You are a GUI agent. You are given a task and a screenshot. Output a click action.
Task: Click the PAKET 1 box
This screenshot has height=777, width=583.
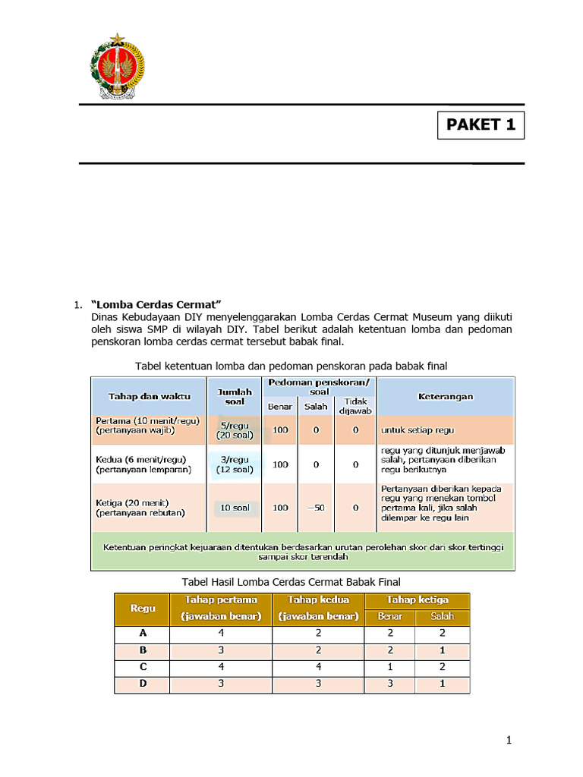(x=481, y=125)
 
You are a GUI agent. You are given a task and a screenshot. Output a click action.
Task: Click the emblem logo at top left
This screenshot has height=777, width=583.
(x=118, y=67)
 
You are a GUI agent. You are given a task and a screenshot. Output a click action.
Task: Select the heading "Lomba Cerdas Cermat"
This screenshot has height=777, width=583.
(x=156, y=304)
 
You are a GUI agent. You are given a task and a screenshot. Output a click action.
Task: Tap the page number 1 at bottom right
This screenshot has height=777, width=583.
(x=509, y=741)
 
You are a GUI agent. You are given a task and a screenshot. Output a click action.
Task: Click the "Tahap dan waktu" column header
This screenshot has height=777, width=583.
(x=150, y=396)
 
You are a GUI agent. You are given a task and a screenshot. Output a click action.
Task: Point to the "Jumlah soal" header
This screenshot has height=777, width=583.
(x=235, y=396)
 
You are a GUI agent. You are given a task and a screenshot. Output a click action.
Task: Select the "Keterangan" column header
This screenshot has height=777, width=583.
(x=446, y=396)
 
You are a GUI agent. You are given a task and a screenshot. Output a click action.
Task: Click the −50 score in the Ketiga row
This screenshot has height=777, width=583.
(x=316, y=507)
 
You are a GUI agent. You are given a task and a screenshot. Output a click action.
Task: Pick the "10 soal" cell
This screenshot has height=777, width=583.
(x=235, y=507)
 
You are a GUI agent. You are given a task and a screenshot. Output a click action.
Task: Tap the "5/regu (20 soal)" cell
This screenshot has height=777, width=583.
(x=235, y=430)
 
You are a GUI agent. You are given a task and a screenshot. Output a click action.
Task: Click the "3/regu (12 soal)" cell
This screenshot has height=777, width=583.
(x=235, y=464)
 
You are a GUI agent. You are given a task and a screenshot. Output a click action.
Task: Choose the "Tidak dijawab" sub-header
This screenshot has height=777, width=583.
(x=355, y=406)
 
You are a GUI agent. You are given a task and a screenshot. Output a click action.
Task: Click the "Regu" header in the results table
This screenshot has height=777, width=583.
(x=142, y=609)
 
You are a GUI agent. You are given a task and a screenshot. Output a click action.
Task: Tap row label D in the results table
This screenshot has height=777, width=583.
(x=142, y=684)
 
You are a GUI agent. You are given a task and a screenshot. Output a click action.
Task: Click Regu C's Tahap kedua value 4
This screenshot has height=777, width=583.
(x=319, y=668)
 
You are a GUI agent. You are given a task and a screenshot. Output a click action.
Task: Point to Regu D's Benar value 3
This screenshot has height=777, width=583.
(x=389, y=684)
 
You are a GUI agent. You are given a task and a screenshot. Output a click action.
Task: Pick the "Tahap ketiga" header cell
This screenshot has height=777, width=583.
(x=418, y=600)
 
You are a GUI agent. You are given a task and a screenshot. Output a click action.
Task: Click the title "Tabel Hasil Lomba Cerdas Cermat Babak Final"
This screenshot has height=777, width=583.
(x=291, y=581)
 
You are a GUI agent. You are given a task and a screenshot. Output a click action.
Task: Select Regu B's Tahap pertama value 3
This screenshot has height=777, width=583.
(x=221, y=651)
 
